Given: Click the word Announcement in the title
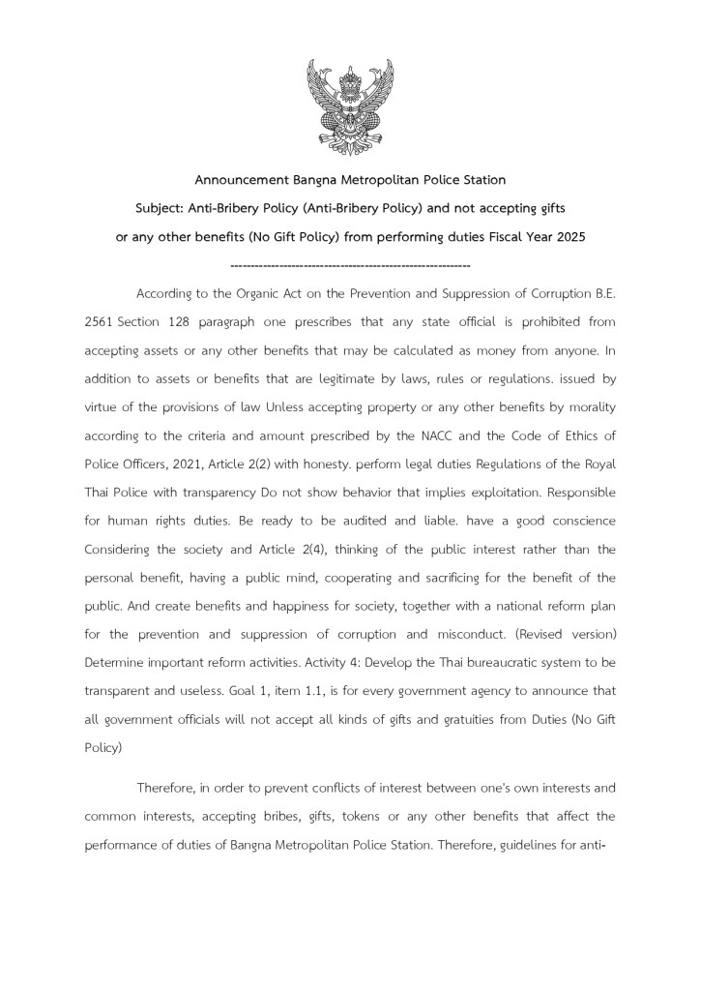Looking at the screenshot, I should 243,181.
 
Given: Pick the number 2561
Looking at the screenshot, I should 100,321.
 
